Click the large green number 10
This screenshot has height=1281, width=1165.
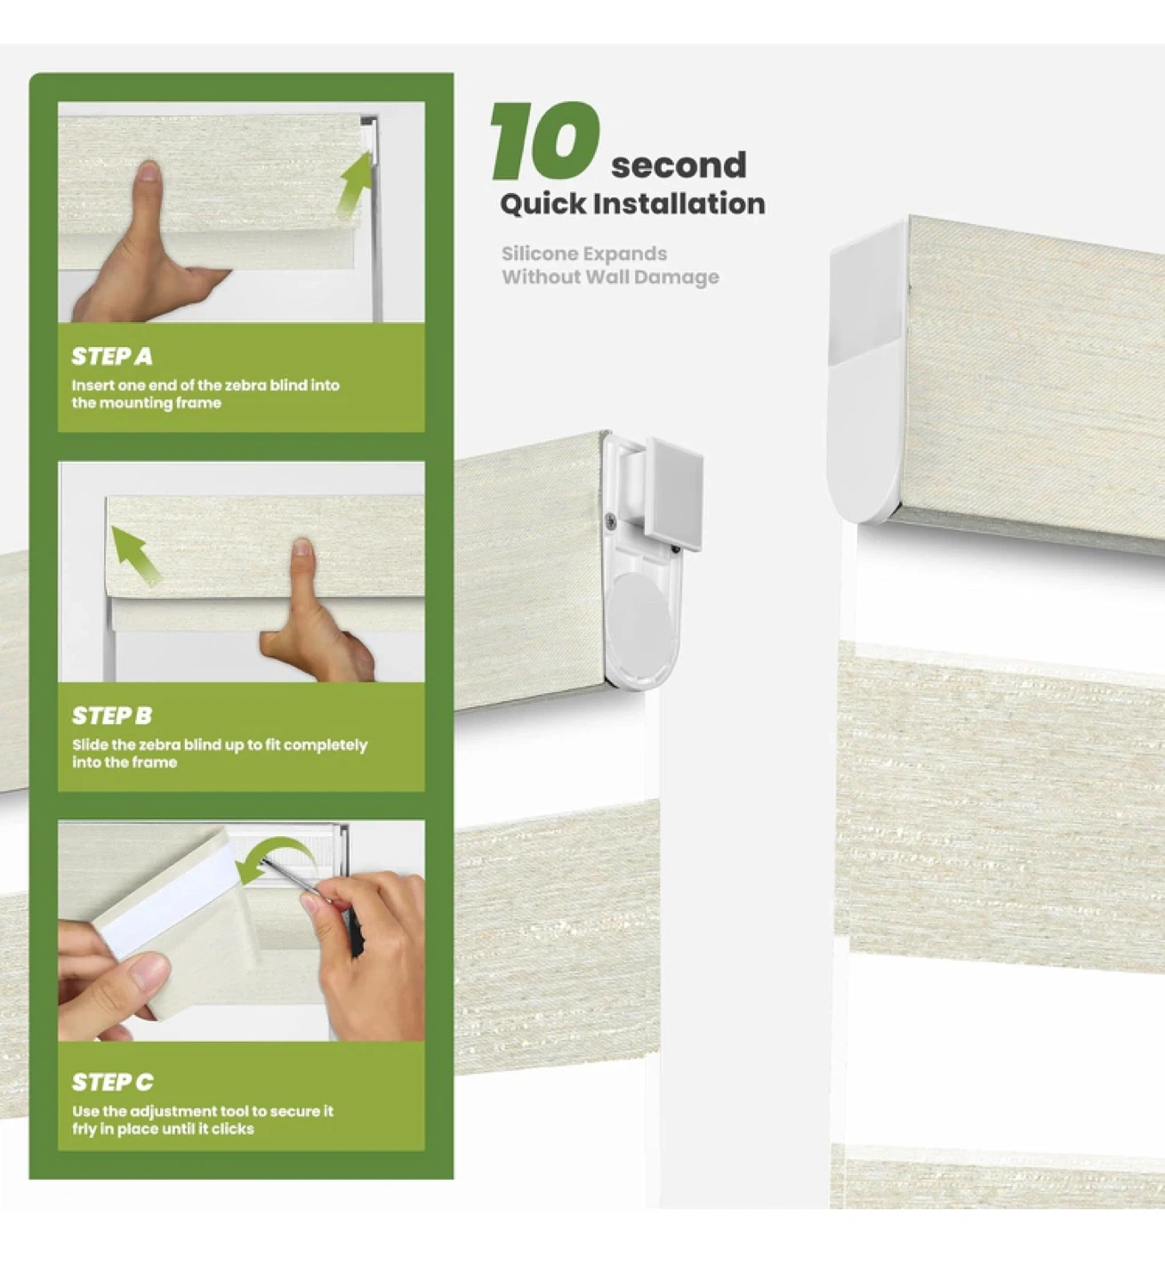point(545,141)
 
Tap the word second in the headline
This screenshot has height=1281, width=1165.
point(679,165)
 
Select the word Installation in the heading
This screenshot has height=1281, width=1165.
point(679,204)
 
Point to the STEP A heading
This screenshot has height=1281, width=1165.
point(112,357)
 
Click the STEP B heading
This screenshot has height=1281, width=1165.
point(112,716)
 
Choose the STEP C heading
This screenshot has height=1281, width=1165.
point(112,1083)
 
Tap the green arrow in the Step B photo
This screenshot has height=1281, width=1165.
point(135,555)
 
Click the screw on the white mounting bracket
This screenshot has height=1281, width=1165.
point(612,520)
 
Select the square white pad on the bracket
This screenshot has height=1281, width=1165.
point(675,495)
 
